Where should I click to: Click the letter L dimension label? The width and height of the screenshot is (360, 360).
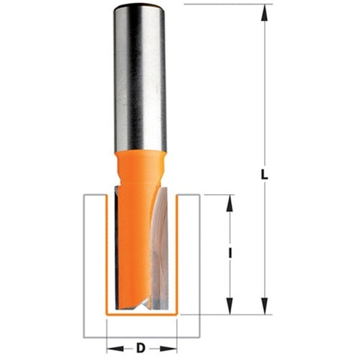click(x=264, y=175)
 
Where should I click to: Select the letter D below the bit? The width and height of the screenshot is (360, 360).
click(x=141, y=348)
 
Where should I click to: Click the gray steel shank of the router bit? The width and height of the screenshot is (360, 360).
click(x=140, y=82)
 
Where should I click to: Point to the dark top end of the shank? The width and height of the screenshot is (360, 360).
click(x=140, y=10)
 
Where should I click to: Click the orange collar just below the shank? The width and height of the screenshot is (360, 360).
click(x=140, y=161)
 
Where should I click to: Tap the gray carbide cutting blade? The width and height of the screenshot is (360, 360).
click(x=162, y=247)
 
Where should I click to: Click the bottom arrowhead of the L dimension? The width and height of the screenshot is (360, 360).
click(x=264, y=307)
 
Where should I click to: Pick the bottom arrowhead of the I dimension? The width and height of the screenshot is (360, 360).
click(x=230, y=307)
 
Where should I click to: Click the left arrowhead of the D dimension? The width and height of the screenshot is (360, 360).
click(x=111, y=348)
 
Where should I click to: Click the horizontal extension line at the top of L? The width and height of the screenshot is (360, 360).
click(x=225, y=4)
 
